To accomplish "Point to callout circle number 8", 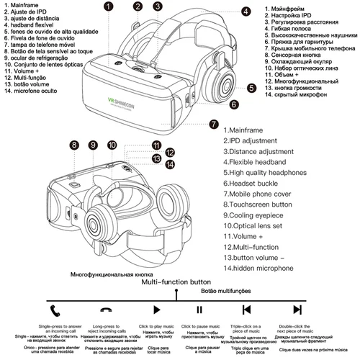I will [x=73, y=145].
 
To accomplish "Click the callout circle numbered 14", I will [x=170, y=165].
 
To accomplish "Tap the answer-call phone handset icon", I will [x=55, y=310].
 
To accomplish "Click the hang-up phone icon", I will [x=106, y=310].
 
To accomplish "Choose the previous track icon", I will [x=246, y=310].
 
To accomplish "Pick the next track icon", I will [x=298, y=310].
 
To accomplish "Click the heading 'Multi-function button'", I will [x=176, y=282].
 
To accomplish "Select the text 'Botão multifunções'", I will [x=225, y=290].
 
